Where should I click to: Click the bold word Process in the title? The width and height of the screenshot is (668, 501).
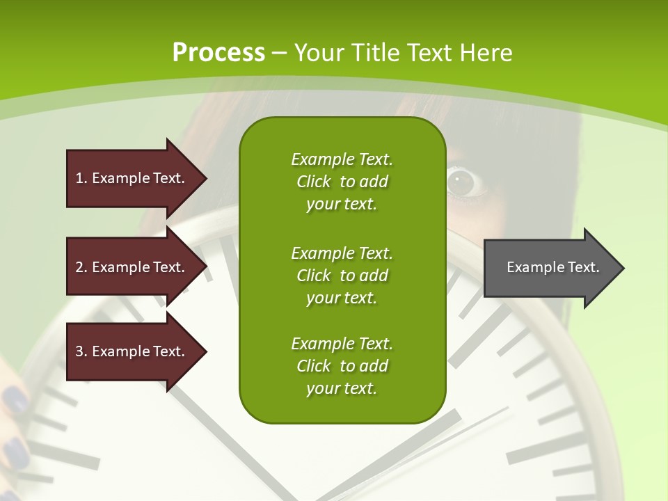(x=218, y=52)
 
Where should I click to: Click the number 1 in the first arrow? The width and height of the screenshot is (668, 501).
(x=79, y=178)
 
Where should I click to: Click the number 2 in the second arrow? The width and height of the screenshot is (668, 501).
(x=79, y=267)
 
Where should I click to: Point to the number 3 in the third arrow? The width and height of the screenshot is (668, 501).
(x=79, y=351)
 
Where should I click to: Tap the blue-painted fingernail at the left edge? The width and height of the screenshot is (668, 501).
(x=14, y=401)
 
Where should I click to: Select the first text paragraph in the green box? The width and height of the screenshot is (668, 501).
(x=342, y=182)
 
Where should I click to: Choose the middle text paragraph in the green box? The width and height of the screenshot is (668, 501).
(x=342, y=276)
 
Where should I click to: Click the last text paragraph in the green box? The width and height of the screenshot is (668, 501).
(x=342, y=366)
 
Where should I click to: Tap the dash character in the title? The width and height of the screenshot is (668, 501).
(x=280, y=52)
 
